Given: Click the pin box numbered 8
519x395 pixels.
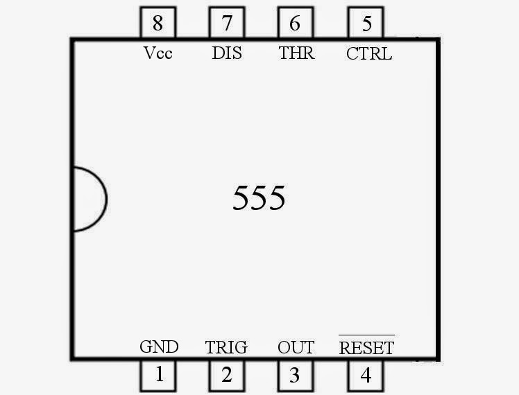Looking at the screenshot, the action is (x=158, y=24).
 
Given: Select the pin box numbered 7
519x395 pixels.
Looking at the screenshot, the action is (x=227, y=24).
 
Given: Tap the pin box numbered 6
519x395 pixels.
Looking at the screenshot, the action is (x=295, y=24).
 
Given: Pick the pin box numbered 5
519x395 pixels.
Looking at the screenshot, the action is (x=366, y=24).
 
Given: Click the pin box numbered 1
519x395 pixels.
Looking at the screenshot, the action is (x=159, y=376).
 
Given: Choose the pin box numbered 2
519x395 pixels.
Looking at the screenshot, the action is (x=227, y=376).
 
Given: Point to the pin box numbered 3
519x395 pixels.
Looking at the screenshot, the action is (x=295, y=376).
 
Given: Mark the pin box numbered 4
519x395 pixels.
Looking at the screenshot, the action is (x=366, y=376).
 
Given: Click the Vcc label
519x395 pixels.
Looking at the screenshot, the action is (x=158, y=53).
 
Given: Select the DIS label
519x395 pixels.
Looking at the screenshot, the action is (x=227, y=53).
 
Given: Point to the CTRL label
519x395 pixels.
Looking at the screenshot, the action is (x=368, y=53).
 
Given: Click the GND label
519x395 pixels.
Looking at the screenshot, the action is (x=159, y=346).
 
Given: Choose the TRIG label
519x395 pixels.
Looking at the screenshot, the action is (x=226, y=347).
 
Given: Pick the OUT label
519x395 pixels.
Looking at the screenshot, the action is (x=296, y=347).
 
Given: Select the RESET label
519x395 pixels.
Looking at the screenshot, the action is (x=366, y=347).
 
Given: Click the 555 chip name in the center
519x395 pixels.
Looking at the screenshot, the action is (x=259, y=199).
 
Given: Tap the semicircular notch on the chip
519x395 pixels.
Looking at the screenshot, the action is (x=89, y=199).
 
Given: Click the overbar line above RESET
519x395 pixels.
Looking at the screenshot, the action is (x=366, y=335).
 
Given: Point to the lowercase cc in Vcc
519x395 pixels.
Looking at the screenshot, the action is (x=164, y=55).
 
